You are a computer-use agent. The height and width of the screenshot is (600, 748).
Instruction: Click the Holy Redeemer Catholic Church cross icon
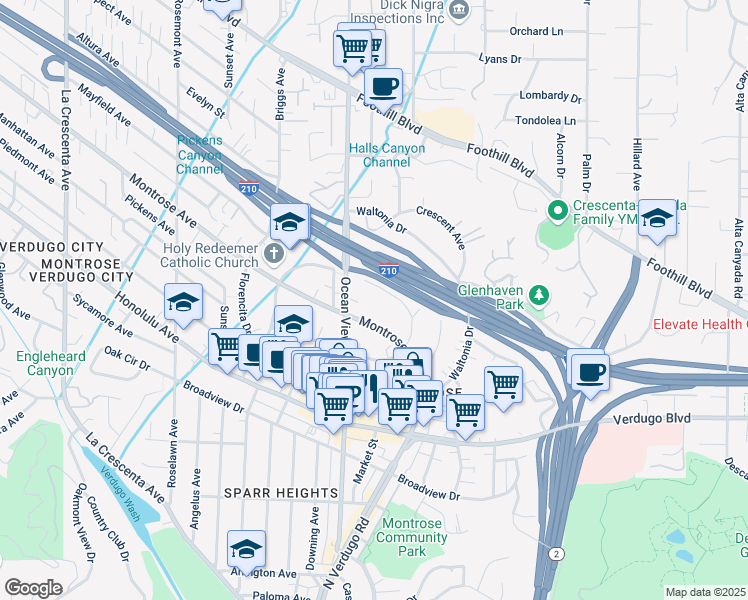tap(274, 253)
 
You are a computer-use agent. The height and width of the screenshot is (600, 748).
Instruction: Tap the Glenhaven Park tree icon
tap(540, 294)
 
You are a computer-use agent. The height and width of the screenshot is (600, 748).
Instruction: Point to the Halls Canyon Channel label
tap(387, 155)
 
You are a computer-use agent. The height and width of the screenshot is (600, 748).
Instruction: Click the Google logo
tap(33, 588)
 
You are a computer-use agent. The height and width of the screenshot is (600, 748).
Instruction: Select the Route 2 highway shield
tap(553, 552)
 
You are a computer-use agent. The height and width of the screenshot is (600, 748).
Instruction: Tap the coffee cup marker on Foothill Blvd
tap(383, 87)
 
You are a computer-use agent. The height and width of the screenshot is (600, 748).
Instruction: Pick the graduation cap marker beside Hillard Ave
tap(657, 218)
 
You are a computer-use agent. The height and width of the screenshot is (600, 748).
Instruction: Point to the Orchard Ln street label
tap(536, 31)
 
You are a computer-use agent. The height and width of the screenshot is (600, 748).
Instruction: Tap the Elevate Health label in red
tap(699, 324)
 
